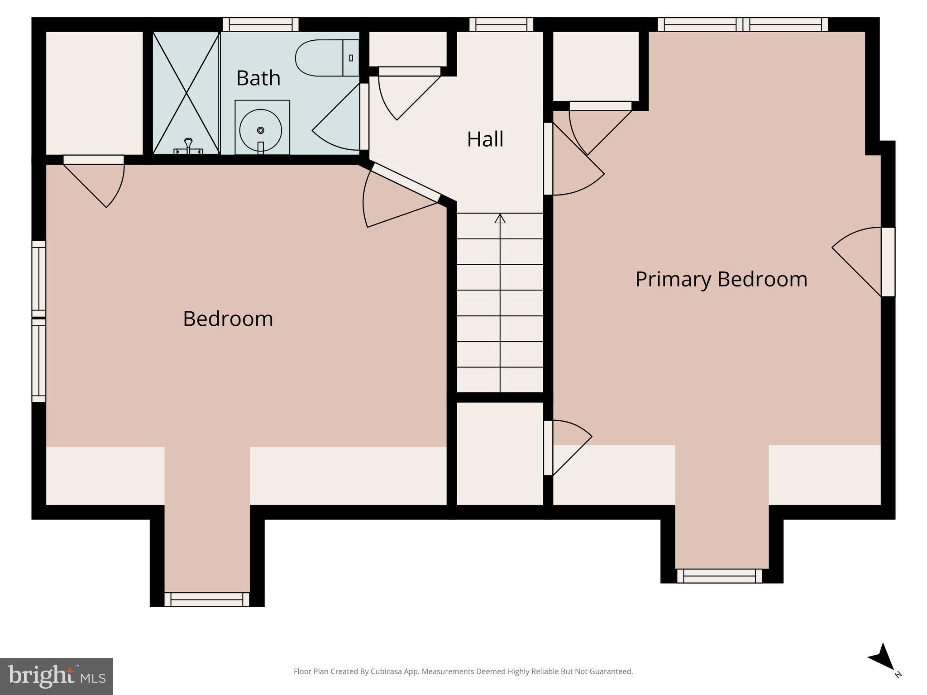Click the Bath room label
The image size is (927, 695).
[x=258, y=78]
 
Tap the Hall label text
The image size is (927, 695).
[x=485, y=139]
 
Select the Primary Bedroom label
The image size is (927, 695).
[x=721, y=279]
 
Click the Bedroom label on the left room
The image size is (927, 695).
[x=228, y=319]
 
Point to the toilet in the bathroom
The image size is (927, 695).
[x=324, y=58]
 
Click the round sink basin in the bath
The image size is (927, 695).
[x=261, y=130]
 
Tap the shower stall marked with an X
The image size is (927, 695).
[x=186, y=93]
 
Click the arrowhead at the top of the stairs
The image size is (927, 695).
[x=500, y=219]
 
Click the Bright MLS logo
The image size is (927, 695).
[x=57, y=676]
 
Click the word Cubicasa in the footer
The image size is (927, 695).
[x=387, y=671]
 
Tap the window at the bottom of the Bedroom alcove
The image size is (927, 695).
[x=207, y=600]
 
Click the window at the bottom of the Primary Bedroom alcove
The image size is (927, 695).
[x=719, y=576]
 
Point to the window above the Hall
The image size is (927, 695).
[x=501, y=24]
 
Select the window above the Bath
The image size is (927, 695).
[x=261, y=24]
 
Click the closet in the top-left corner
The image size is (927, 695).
[x=94, y=93]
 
